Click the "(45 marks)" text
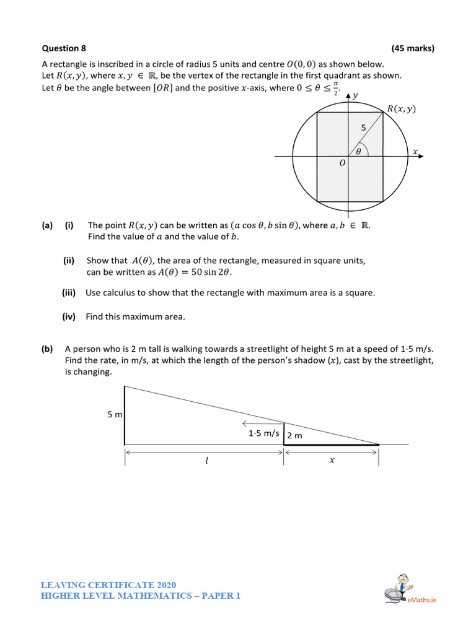click(413, 48)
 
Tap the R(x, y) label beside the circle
click(401, 109)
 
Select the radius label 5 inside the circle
click(364, 128)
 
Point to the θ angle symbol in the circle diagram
click(358, 150)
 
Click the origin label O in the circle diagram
click(342, 164)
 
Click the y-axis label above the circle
click(355, 95)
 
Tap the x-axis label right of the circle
click(415, 151)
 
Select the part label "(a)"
click(48, 225)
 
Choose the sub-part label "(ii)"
click(68, 261)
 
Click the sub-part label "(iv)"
click(68, 316)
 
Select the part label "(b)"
click(48, 349)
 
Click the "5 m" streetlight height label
click(114, 415)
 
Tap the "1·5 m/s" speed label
click(264, 434)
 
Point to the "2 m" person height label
click(294, 435)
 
